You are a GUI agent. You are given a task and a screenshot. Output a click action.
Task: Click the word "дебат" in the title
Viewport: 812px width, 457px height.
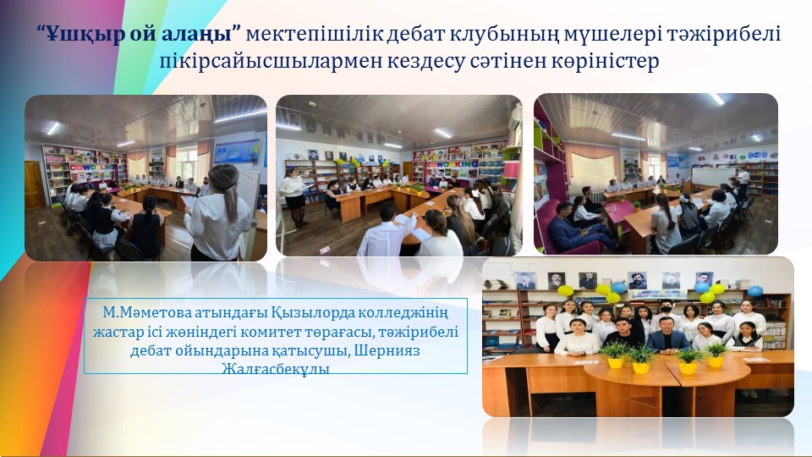[x=415, y=34]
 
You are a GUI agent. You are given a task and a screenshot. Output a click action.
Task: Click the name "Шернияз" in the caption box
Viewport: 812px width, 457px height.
[x=388, y=350]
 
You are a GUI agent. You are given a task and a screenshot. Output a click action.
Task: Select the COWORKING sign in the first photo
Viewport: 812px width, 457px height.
[x=93, y=167]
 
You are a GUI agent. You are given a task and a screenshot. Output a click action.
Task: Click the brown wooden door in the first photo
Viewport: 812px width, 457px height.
[x=34, y=184]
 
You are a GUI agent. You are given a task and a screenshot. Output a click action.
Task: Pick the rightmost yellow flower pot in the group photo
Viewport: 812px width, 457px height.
[x=716, y=361]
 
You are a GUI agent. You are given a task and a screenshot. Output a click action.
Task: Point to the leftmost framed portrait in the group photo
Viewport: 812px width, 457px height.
[x=525, y=281]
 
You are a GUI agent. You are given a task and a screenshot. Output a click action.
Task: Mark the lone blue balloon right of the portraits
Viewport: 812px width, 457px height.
[x=755, y=291]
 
